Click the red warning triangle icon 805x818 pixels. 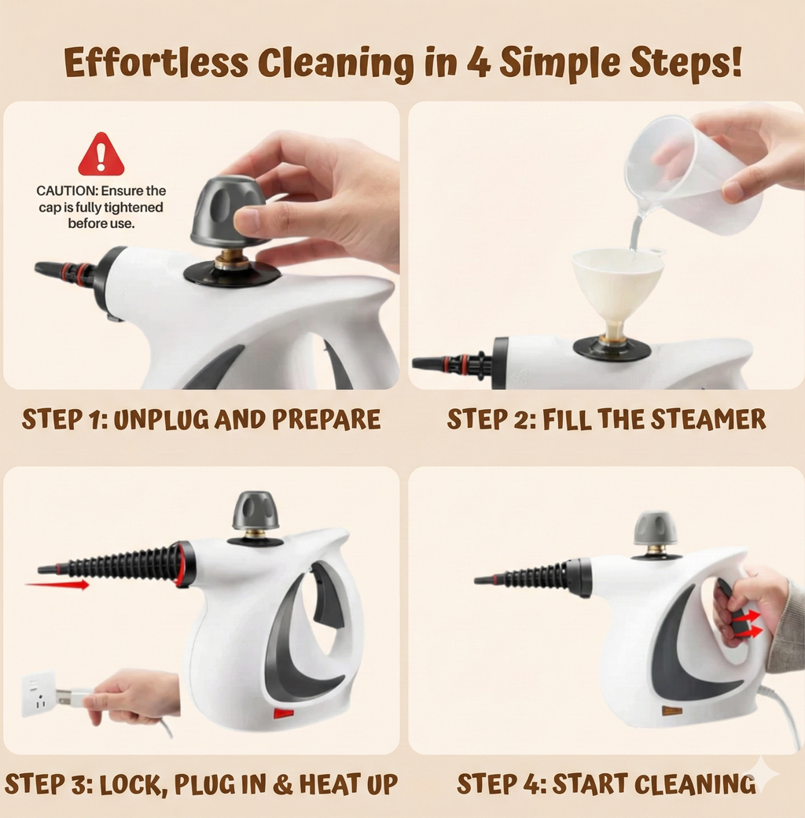click(101, 156)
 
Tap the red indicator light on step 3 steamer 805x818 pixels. click(283, 713)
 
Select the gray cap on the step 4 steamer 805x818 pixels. click(655, 529)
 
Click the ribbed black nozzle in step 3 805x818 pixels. click(118, 565)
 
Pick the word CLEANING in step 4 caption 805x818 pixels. click(694, 784)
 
